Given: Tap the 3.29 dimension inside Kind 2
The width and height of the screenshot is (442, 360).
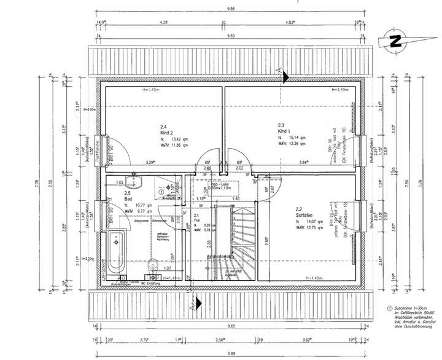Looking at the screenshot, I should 149,162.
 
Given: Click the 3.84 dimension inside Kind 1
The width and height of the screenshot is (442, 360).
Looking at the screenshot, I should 320,162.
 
